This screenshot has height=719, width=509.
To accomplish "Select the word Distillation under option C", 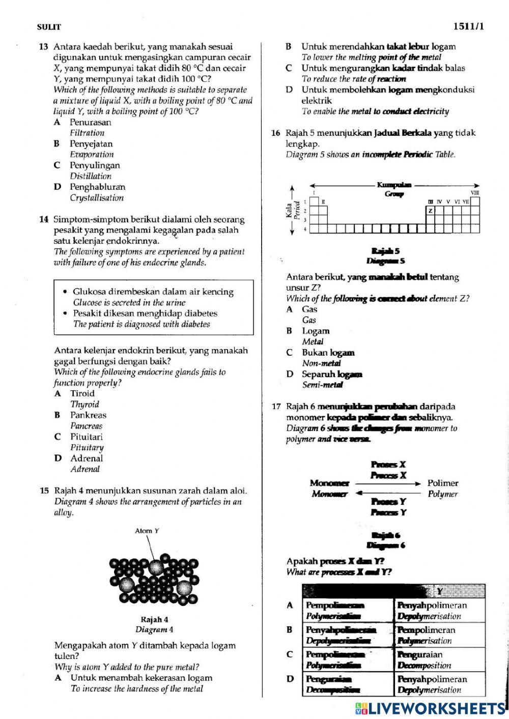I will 91,176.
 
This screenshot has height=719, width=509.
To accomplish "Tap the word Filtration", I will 87,133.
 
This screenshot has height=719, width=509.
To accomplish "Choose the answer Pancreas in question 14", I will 86,426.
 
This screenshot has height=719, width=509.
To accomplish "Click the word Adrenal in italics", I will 85,469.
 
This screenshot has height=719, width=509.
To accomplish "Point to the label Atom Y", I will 147,531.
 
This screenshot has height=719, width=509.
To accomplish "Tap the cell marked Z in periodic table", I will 430,211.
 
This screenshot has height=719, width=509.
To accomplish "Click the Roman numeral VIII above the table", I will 474,192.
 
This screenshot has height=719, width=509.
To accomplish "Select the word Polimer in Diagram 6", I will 443,483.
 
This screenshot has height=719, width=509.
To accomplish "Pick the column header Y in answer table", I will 439,591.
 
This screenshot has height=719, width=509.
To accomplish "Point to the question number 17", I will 276,407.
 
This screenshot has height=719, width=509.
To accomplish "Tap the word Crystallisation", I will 97,198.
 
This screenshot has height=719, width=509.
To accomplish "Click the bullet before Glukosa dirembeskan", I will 65,292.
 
